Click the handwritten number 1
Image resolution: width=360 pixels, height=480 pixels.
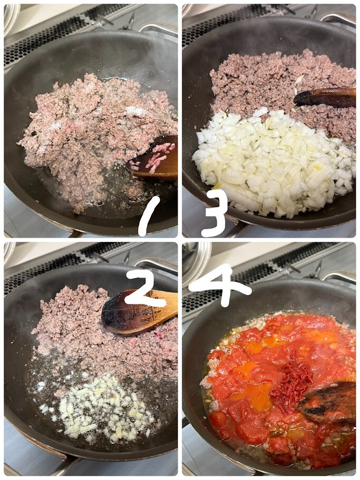tap(149, 216)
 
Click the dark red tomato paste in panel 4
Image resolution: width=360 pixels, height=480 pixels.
tap(293, 383)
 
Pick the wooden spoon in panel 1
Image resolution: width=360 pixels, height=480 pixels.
tap(152, 158)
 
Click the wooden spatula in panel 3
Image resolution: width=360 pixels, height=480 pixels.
tap(325, 97)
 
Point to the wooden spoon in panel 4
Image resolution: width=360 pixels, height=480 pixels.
tap(327, 401)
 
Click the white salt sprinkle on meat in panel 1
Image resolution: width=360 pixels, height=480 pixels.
tap(135, 111)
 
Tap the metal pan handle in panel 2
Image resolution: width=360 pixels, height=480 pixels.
tap(156, 263)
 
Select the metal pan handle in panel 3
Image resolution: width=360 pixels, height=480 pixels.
tap(337, 18)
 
